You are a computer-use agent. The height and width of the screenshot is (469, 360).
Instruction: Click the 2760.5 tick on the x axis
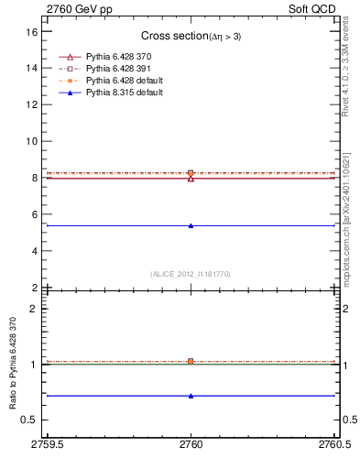pyautogui.click(x=335, y=444)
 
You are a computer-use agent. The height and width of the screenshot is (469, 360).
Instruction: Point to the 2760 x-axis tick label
pyautogui.click(x=191, y=444)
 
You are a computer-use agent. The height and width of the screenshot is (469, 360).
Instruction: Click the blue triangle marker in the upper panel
pyautogui.click(x=191, y=225)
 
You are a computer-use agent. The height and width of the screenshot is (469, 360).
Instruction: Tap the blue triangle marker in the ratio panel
pyautogui.click(x=191, y=396)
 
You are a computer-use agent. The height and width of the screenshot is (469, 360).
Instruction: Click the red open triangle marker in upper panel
pyautogui.click(x=191, y=178)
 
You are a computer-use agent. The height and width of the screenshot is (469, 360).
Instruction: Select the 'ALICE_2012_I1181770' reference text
pyautogui.click(x=191, y=273)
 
